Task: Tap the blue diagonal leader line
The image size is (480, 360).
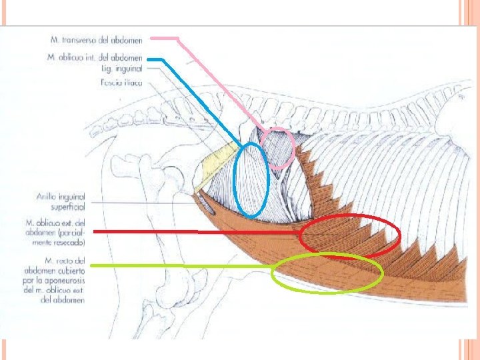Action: click(x=200, y=100)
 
